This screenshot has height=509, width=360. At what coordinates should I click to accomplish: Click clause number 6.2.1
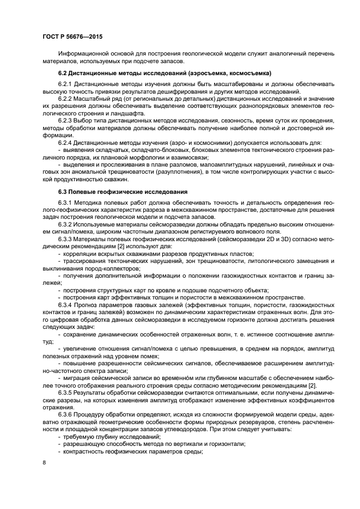click(66, 85)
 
